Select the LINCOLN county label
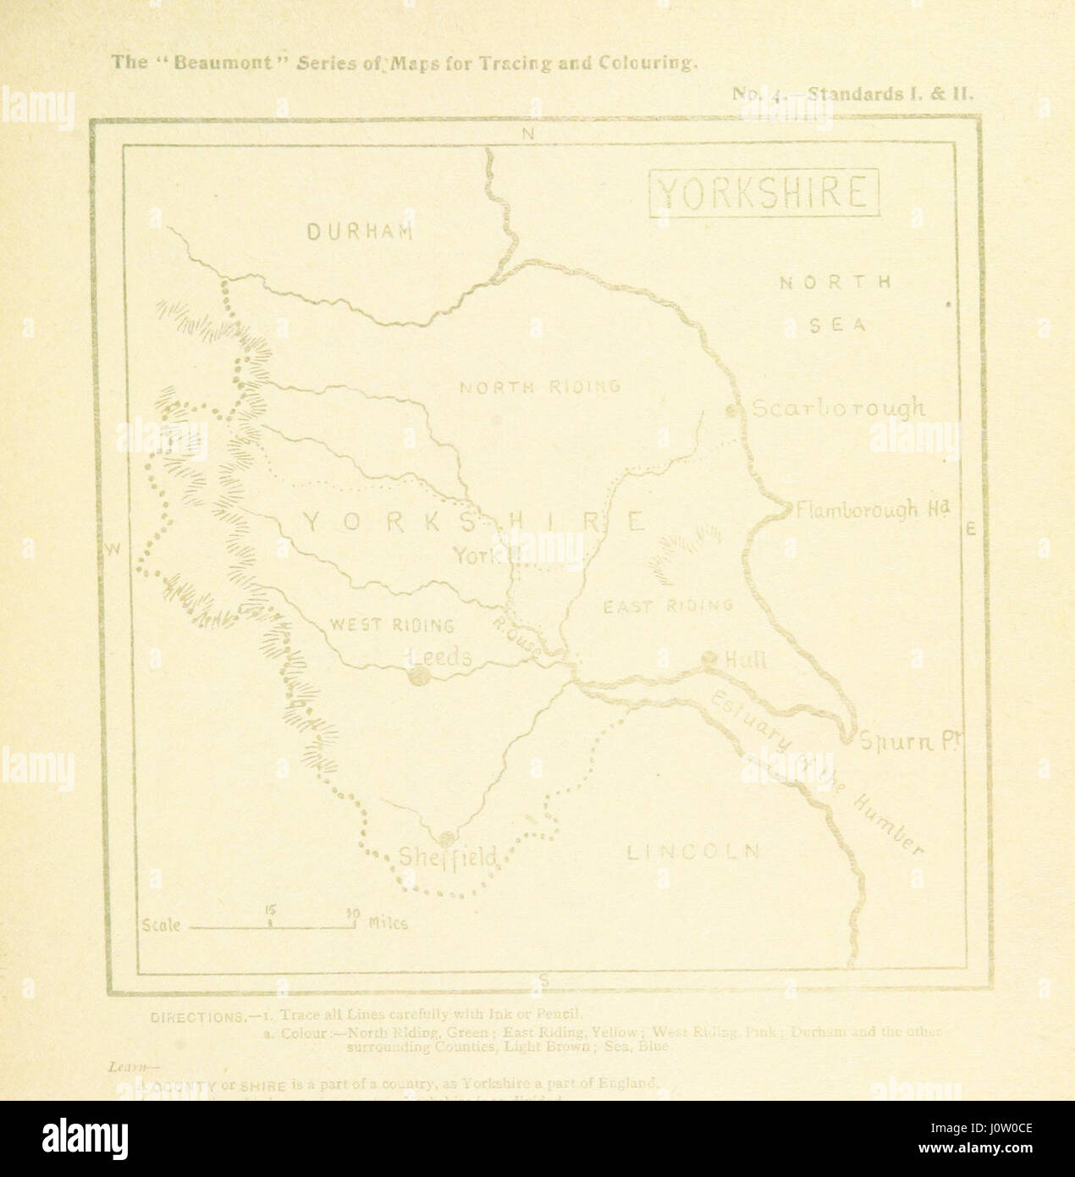(x=693, y=852)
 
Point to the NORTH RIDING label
(x=540, y=387)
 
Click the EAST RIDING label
(x=667, y=605)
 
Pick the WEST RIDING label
(x=391, y=626)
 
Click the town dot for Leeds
(x=416, y=676)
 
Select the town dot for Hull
(x=709, y=659)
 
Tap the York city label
(x=477, y=555)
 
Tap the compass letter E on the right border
(x=971, y=529)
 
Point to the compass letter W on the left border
(x=113, y=550)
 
